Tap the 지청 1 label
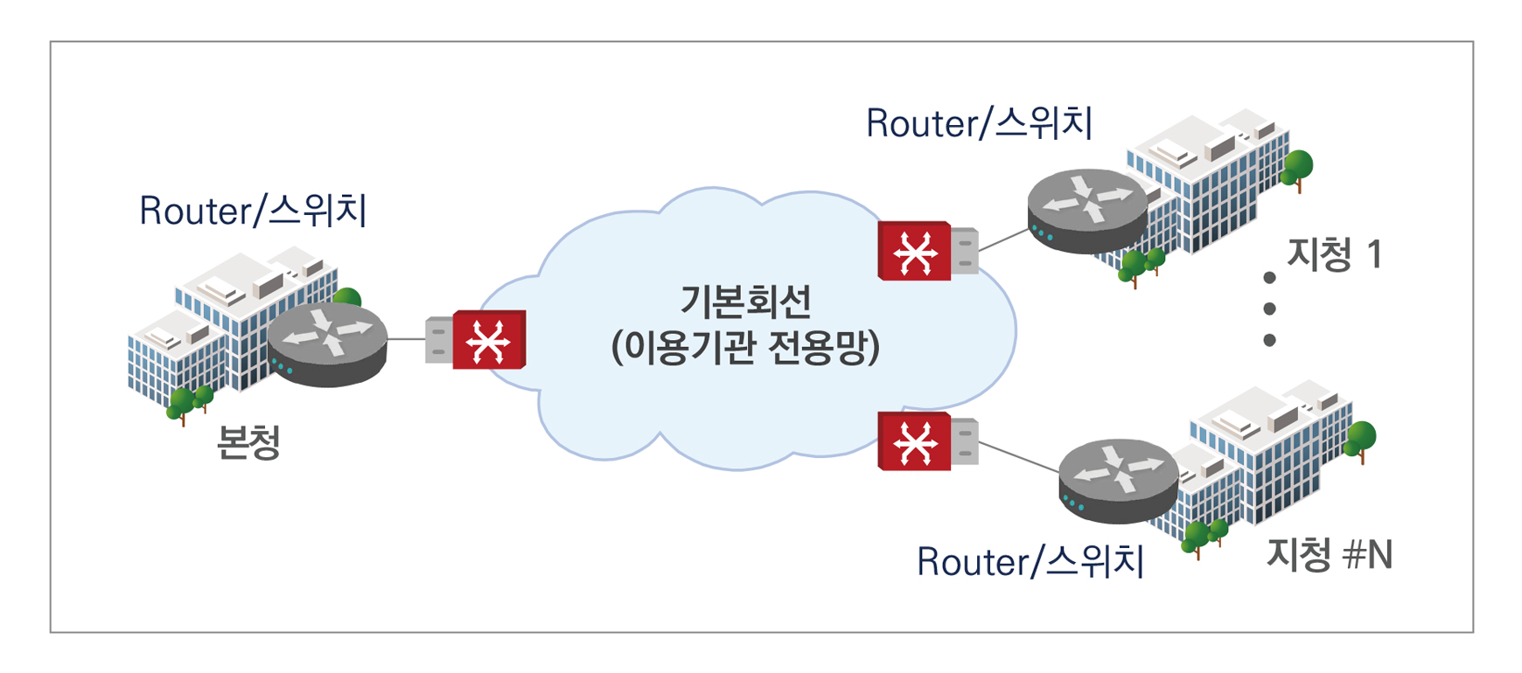click(x=1335, y=255)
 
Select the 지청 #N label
click(x=1330, y=555)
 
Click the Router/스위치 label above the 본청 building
click(x=253, y=212)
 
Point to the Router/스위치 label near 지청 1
click(x=979, y=123)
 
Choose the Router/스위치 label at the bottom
click(x=1030, y=562)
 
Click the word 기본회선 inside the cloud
click(x=746, y=302)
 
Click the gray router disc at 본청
click(x=327, y=343)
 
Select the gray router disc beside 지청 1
click(x=1087, y=210)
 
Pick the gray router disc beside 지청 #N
click(x=1118, y=480)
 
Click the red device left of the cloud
click(x=489, y=340)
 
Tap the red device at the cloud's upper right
click(x=914, y=252)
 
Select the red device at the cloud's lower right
click(x=914, y=442)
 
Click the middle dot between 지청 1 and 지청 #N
click(x=1269, y=309)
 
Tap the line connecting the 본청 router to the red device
click(x=406, y=339)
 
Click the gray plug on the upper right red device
click(x=964, y=252)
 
